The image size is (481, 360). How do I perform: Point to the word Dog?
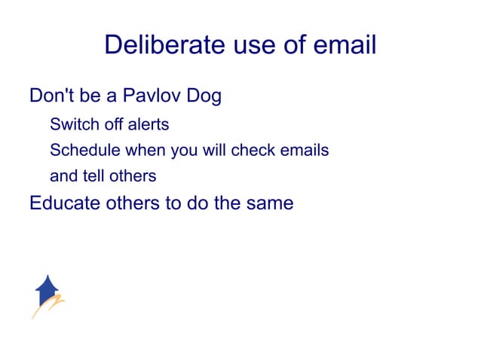click(x=203, y=97)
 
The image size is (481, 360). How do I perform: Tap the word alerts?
click(x=148, y=124)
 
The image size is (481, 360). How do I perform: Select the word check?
click(x=253, y=150)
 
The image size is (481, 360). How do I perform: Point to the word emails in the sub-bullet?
click(x=304, y=150)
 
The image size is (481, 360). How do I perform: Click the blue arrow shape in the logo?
click(x=47, y=289)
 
